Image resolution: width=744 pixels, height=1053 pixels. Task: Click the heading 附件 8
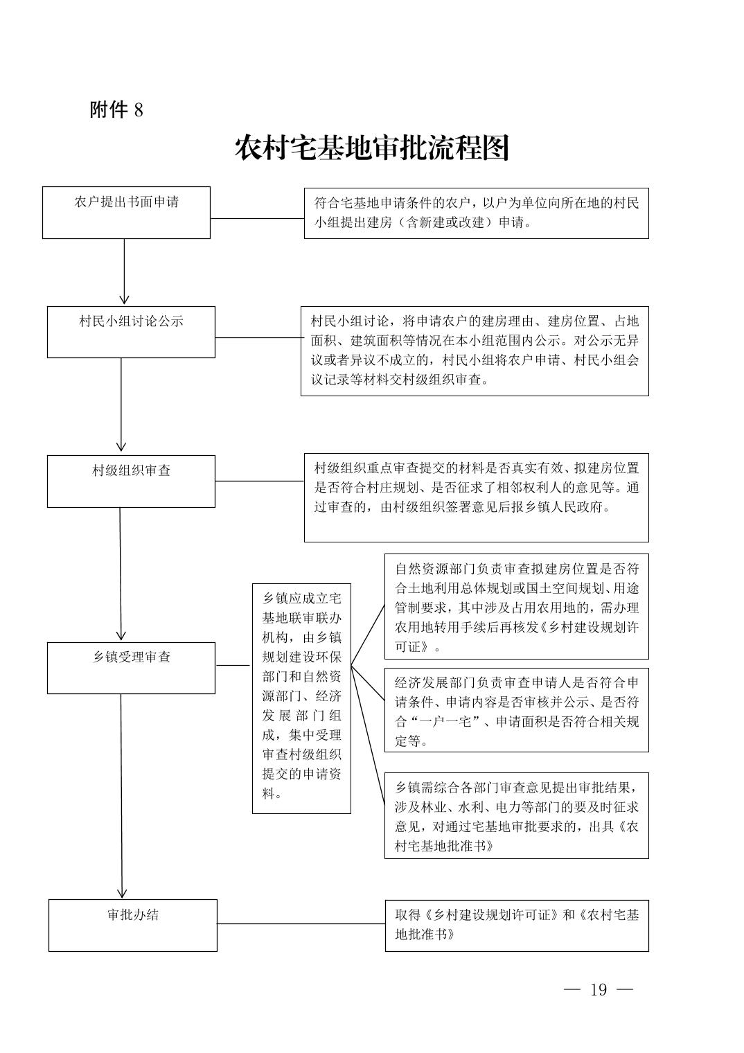(116, 109)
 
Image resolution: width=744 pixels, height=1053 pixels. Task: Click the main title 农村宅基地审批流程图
(372, 148)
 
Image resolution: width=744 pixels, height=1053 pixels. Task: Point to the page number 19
(599, 989)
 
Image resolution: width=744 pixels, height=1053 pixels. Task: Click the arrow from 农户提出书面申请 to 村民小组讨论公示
(124, 272)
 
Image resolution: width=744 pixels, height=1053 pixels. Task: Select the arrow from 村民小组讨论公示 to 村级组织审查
(121, 405)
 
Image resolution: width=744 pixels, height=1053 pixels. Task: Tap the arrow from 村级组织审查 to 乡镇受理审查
(121, 574)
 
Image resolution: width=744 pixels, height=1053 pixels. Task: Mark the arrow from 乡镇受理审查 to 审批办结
(121, 796)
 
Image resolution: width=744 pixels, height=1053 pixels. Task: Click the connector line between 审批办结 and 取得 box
(301, 923)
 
